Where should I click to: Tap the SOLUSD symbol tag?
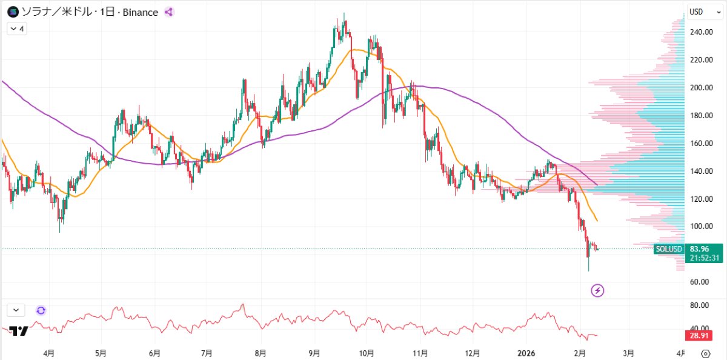tap(669, 249)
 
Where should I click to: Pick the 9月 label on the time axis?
tap(313, 352)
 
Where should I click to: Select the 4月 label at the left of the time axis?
tap(50, 352)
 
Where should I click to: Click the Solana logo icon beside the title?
tap(12, 12)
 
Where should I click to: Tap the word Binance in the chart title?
tap(141, 12)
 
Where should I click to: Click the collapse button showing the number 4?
tap(17, 28)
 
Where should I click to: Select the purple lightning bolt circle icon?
tap(598, 291)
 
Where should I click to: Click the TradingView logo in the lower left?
tap(19, 331)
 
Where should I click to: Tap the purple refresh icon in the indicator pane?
tap(41, 310)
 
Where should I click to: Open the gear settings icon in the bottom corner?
tap(705, 353)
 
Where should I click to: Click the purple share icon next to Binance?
tap(169, 12)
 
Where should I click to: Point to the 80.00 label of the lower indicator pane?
tap(700, 305)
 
